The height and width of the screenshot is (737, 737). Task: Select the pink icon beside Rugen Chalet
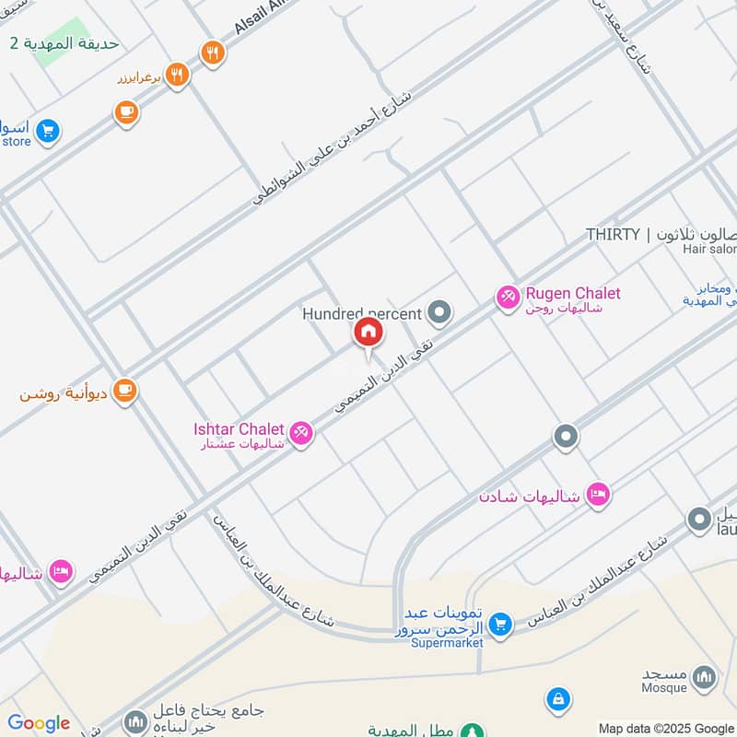point(507,297)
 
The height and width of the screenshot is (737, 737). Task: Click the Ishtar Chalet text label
point(239,429)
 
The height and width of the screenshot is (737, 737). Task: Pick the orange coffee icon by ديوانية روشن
point(125,392)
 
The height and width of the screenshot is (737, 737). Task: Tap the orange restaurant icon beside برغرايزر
point(178,75)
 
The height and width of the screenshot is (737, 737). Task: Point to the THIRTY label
point(613,234)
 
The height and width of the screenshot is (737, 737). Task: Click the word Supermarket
point(447,643)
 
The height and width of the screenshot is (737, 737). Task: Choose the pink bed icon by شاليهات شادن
point(598,495)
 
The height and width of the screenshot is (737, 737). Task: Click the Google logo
point(39,723)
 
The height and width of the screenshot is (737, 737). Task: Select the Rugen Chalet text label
point(572,294)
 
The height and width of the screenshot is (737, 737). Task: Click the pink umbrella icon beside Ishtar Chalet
point(300,431)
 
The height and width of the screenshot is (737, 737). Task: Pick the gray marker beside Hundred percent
point(440,313)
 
